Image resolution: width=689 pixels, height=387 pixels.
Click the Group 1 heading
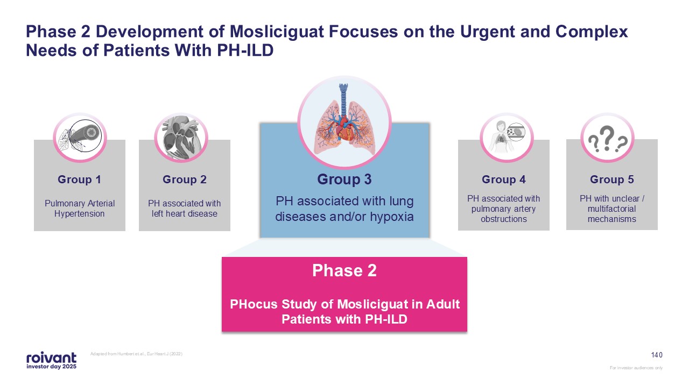click(x=79, y=180)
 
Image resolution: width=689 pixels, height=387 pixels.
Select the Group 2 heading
click(x=184, y=180)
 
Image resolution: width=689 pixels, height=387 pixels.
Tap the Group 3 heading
click(x=344, y=180)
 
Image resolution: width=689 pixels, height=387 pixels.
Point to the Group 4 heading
click(x=503, y=180)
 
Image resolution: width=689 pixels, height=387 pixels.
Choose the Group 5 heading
click(x=611, y=180)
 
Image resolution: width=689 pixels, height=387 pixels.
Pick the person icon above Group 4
click(x=506, y=138)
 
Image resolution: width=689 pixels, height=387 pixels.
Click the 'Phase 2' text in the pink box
click(x=344, y=271)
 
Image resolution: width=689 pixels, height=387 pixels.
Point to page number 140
click(x=657, y=355)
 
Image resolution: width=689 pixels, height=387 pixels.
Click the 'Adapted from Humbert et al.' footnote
click(x=140, y=353)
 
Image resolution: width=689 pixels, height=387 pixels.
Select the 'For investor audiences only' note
click(x=636, y=368)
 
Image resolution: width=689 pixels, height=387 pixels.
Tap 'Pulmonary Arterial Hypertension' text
click(x=80, y=209)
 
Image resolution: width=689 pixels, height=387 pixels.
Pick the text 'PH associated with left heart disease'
click(x=185, y=209)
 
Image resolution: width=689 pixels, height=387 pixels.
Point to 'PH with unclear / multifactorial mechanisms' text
click(x=612, y=209)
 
